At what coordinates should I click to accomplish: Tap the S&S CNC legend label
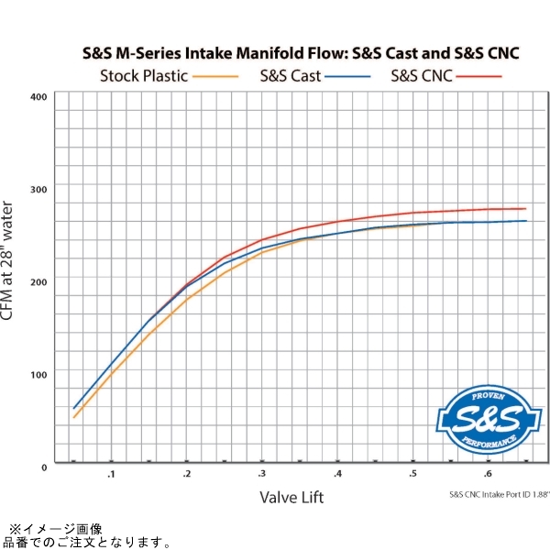point(422,76)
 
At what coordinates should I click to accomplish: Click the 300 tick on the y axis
point(38,188)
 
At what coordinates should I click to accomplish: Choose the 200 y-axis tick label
point(38,280)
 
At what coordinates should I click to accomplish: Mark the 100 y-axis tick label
point(38,373)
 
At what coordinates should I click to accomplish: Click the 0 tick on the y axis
point(43,466)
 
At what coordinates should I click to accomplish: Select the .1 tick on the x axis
point(111,475)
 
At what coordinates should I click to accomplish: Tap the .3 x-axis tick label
point(262,475)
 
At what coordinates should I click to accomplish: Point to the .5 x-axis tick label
point(413,475)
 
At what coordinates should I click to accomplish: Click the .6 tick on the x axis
point(489,475)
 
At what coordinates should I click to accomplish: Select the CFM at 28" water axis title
point(10,264)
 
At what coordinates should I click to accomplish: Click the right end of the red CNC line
point(525,208)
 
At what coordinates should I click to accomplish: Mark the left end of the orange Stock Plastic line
point(74,417)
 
